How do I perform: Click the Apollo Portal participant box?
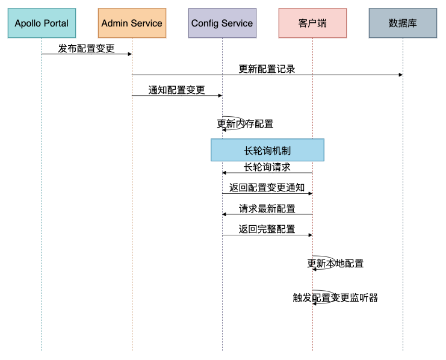coord(42,23)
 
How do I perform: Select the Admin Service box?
coord(132,23)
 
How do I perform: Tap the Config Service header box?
coord(222,23)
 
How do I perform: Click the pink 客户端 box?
coord(312,23)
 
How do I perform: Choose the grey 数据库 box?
coord(403,23)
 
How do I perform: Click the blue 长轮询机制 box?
coord(267,150)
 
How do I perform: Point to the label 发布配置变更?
coord(87,48)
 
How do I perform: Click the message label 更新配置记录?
coord(267,69)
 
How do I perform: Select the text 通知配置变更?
coord(176,90)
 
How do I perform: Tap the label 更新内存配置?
coord(245,124)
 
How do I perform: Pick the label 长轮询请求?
coord(267,167)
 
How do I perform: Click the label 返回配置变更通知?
coord(267,188)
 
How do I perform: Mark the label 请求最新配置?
coord(267,209)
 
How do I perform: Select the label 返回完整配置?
coord(267,229)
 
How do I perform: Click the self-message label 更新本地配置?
coord(335,263)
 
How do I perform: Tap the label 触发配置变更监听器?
coord(335,297)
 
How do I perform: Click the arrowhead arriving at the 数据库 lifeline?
coord(401,75)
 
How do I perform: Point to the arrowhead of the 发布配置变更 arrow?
coord(130,54)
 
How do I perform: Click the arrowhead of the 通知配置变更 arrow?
coord(220,96)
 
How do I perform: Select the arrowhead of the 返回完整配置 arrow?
coord(311,235)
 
